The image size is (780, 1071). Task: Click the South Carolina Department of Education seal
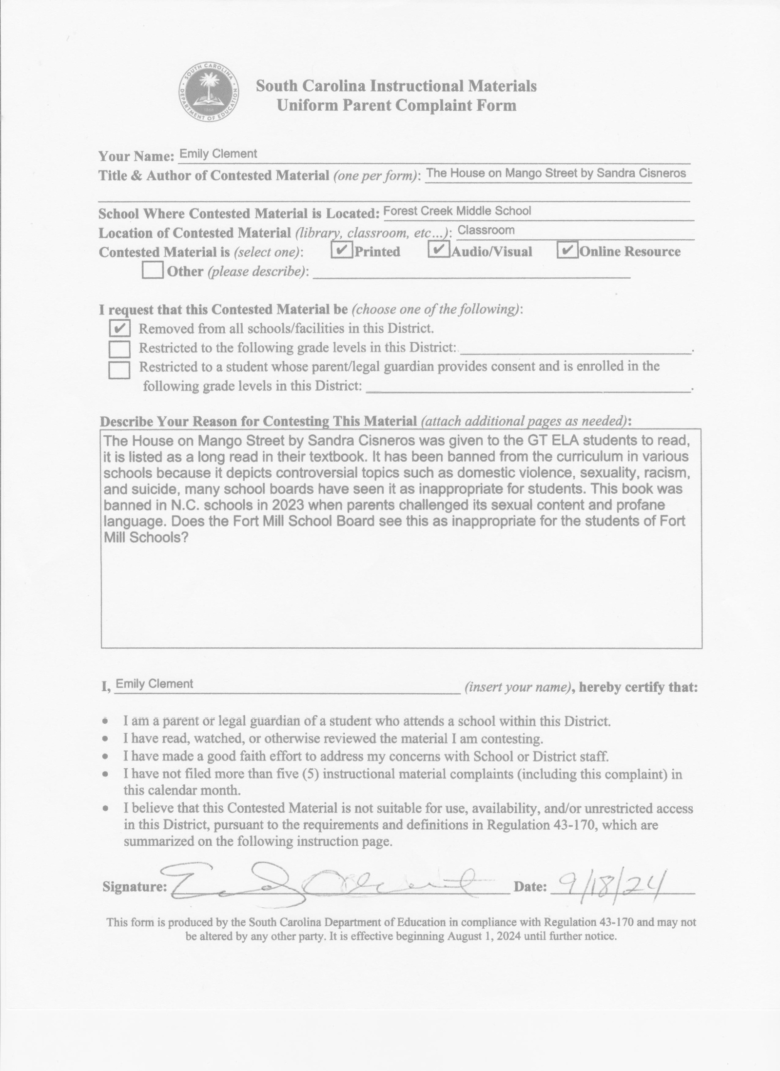tap(209, 93)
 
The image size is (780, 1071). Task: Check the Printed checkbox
tap(342, 251)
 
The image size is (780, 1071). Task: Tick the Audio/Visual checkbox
tap(438, 250)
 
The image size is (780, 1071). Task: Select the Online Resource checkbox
tap(567, 250)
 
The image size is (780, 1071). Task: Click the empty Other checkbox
tap(153, 271)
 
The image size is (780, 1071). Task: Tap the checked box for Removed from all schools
tap(119, 328)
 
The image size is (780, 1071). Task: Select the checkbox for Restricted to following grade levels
tap(119, 349)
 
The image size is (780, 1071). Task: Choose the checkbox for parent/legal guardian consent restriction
tap(119, 370)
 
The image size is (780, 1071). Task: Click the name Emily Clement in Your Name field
tap(218, 154)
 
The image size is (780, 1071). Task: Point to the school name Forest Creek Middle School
tap(457, 211)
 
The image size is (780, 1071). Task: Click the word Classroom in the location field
tap(486, 230)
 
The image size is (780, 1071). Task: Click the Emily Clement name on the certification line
tap(155, 683)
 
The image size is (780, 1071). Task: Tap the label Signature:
tap(135, 887)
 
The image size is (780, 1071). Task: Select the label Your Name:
tap(136, 156)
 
